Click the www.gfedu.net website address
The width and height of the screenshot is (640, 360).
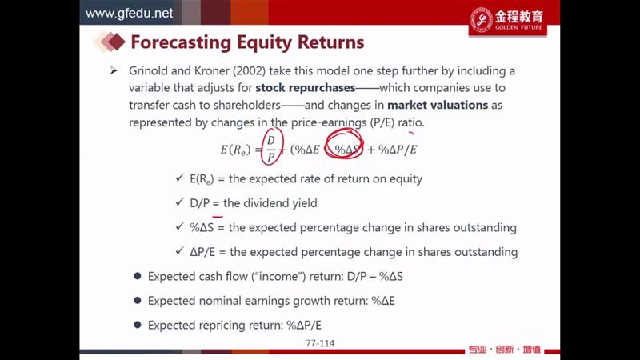tap(129, 13)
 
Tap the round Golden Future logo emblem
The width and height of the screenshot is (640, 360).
tap(482, 20)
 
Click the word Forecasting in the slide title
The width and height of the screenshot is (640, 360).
tap(181, 42)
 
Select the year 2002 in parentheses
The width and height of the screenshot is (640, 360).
tap(249, 70)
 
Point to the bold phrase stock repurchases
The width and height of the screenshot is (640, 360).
tap(306, 88)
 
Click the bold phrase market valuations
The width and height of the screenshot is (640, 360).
tap(438, 105)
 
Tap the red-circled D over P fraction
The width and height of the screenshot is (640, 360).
tap(271, 148)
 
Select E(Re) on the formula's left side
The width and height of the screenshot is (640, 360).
tap(235, 150)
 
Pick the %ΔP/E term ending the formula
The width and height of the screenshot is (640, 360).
tap(398, 150)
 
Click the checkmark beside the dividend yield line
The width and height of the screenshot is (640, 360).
tap(179, 202)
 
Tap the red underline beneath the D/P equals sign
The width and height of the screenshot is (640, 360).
tap(217, 216)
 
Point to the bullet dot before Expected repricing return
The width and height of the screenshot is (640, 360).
tap(138, 325)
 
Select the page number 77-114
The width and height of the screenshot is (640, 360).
tap(320, 343)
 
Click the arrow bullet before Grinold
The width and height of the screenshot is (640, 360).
tap(114, 70)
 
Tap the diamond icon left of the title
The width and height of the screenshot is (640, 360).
tap(110, 42)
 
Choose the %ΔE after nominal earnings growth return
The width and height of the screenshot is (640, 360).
tap(383, 301)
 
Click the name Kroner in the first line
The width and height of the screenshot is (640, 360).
tap(212, 70)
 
